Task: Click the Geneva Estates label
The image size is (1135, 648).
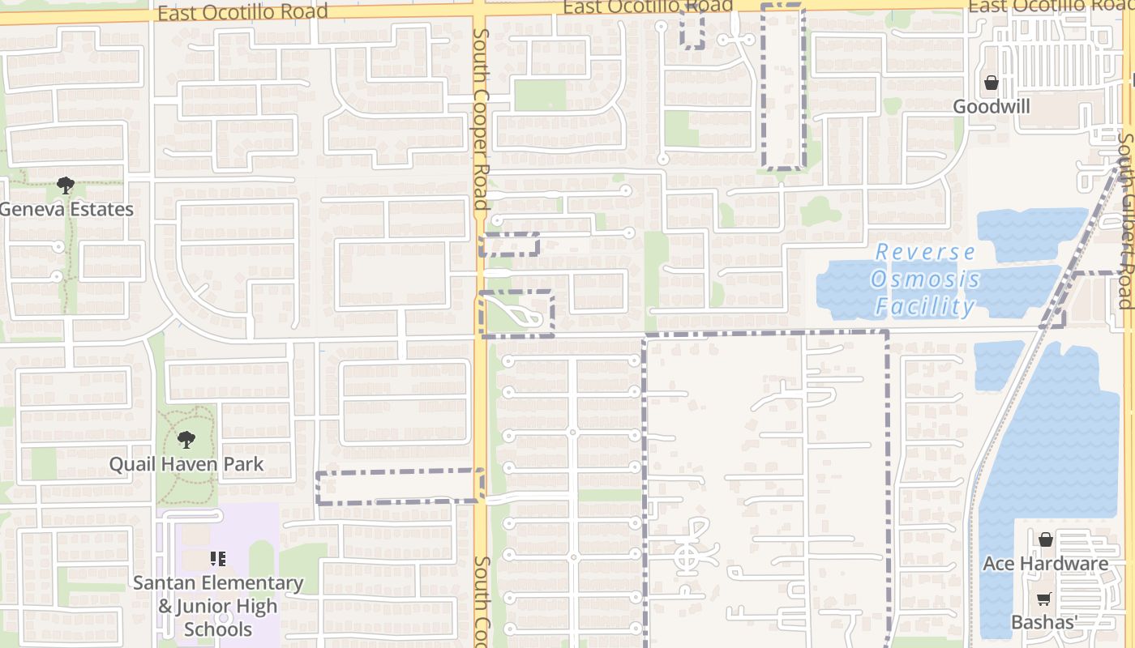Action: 66,209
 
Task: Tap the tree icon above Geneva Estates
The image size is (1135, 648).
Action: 66,185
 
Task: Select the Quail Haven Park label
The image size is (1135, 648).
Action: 186,464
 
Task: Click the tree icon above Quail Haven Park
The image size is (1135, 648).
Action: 186,440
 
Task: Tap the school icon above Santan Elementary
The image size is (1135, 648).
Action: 217,558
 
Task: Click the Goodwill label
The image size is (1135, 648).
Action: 992,106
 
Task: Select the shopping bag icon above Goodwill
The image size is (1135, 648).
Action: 991,83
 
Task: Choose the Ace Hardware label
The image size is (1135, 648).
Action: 1046,563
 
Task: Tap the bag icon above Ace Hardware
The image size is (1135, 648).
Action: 1046,539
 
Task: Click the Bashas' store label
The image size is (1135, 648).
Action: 1043,622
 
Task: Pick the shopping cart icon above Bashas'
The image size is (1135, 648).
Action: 1044,599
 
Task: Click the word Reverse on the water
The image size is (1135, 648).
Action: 925,252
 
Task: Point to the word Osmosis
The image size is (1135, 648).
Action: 925,279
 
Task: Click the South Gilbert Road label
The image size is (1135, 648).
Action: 1124,219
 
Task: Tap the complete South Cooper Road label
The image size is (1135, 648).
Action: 481,119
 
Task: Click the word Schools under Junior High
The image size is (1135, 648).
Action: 218,629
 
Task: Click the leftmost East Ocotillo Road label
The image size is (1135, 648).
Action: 242,11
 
